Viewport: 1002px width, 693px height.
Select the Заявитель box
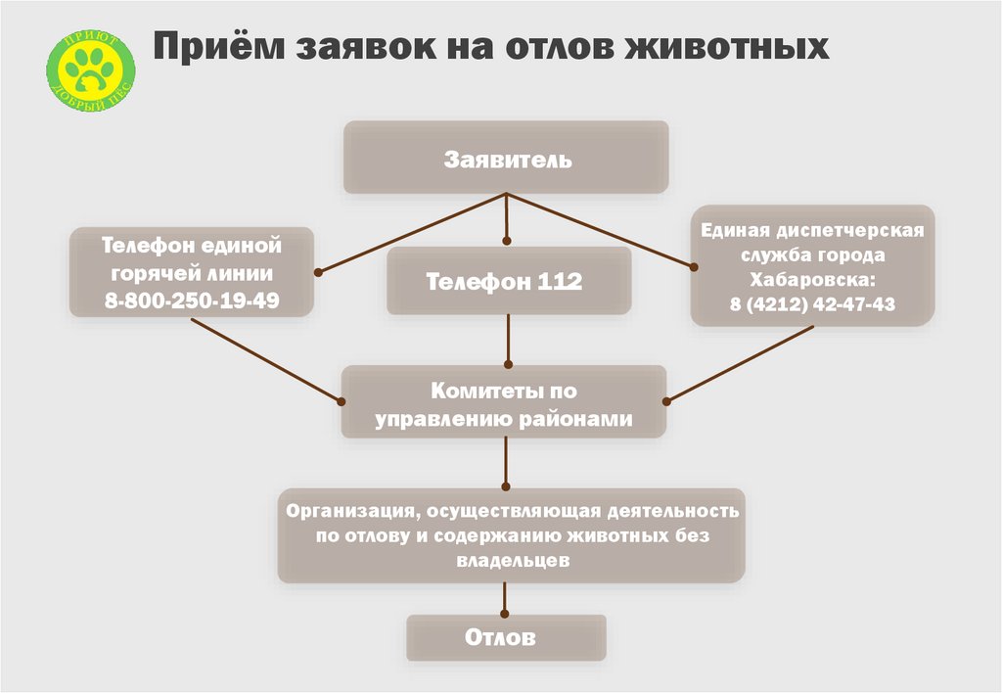pyautogui.click(x=506, y=158)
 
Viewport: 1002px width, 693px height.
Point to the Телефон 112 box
pyautogui.click(x=506, y=282)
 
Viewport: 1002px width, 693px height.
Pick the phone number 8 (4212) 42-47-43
pyautogui.click(x=812, y=304)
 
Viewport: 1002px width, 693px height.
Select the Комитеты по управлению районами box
pyautogui.click(x=504, y=402)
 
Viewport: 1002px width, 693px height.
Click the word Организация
pyautogui.click(x=342, y=511)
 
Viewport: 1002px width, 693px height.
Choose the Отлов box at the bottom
pyautogui.click(x=506, y=638)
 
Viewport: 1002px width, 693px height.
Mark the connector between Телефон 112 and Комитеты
pyautogui.click(x=506, y=341)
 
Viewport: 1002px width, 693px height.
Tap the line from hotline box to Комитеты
pyautogui.click(x=264, y=360)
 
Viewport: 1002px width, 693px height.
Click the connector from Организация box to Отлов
pyautogui.click(x=505, y=599)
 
